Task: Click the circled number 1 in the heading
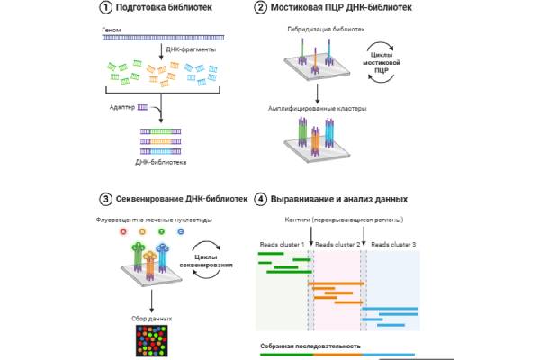105,8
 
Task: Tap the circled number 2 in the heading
261,8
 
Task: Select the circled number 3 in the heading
105,199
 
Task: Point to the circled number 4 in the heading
261,199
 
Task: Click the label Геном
112,30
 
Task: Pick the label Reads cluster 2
337,245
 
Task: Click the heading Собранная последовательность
310,346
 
